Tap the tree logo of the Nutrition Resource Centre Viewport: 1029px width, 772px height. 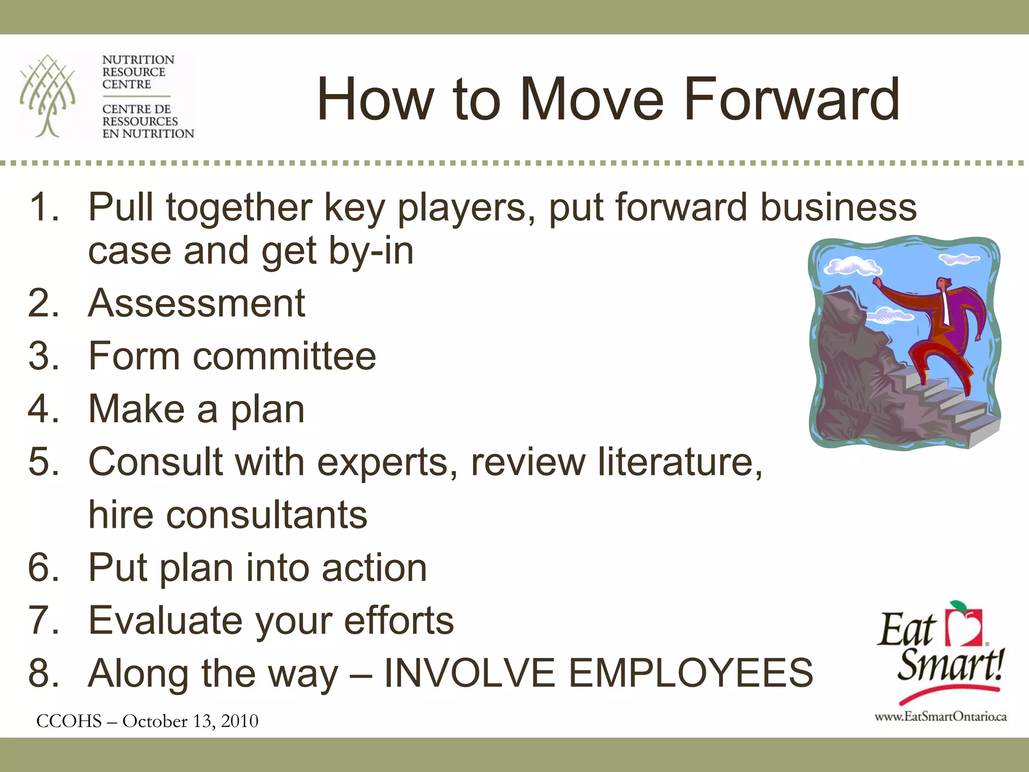click(47, 95)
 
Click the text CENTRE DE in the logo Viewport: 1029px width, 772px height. click(136, 109)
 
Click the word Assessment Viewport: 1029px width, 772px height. click(196, 304)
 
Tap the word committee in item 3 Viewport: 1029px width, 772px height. click(284, 356)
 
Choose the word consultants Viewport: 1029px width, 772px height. click(267, 515)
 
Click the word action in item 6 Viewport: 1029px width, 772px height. click(374, 568)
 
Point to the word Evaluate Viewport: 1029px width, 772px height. click(166, 621)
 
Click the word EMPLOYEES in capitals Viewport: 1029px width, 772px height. click(690, 673)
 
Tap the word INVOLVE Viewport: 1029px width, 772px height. click(469, 673)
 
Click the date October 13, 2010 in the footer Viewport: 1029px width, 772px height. click(190, 721)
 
